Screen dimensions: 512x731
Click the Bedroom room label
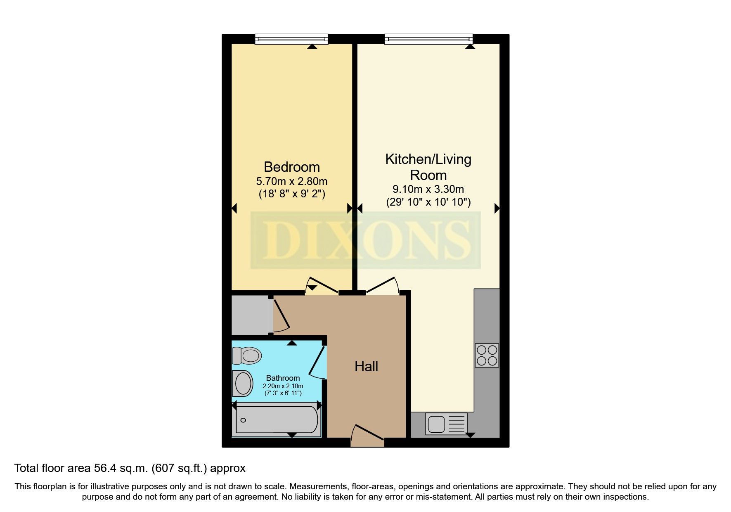(x=291, y=167)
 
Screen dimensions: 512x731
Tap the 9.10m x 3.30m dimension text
(x=428, y=190)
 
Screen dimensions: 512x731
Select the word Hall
(x=366, y=366)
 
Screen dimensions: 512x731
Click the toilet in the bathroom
(x=247, y=355)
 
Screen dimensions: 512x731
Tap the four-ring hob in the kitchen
(x=487, y=356)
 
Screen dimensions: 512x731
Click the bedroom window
(x=291, y=39)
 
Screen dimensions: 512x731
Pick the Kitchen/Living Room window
(x=428, y=39)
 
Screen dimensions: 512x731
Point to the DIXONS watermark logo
(x=366, y=240)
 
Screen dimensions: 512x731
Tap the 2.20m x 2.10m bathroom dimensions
(x=283, y=386)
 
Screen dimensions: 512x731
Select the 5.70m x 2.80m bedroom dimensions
(x=291, y=181)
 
